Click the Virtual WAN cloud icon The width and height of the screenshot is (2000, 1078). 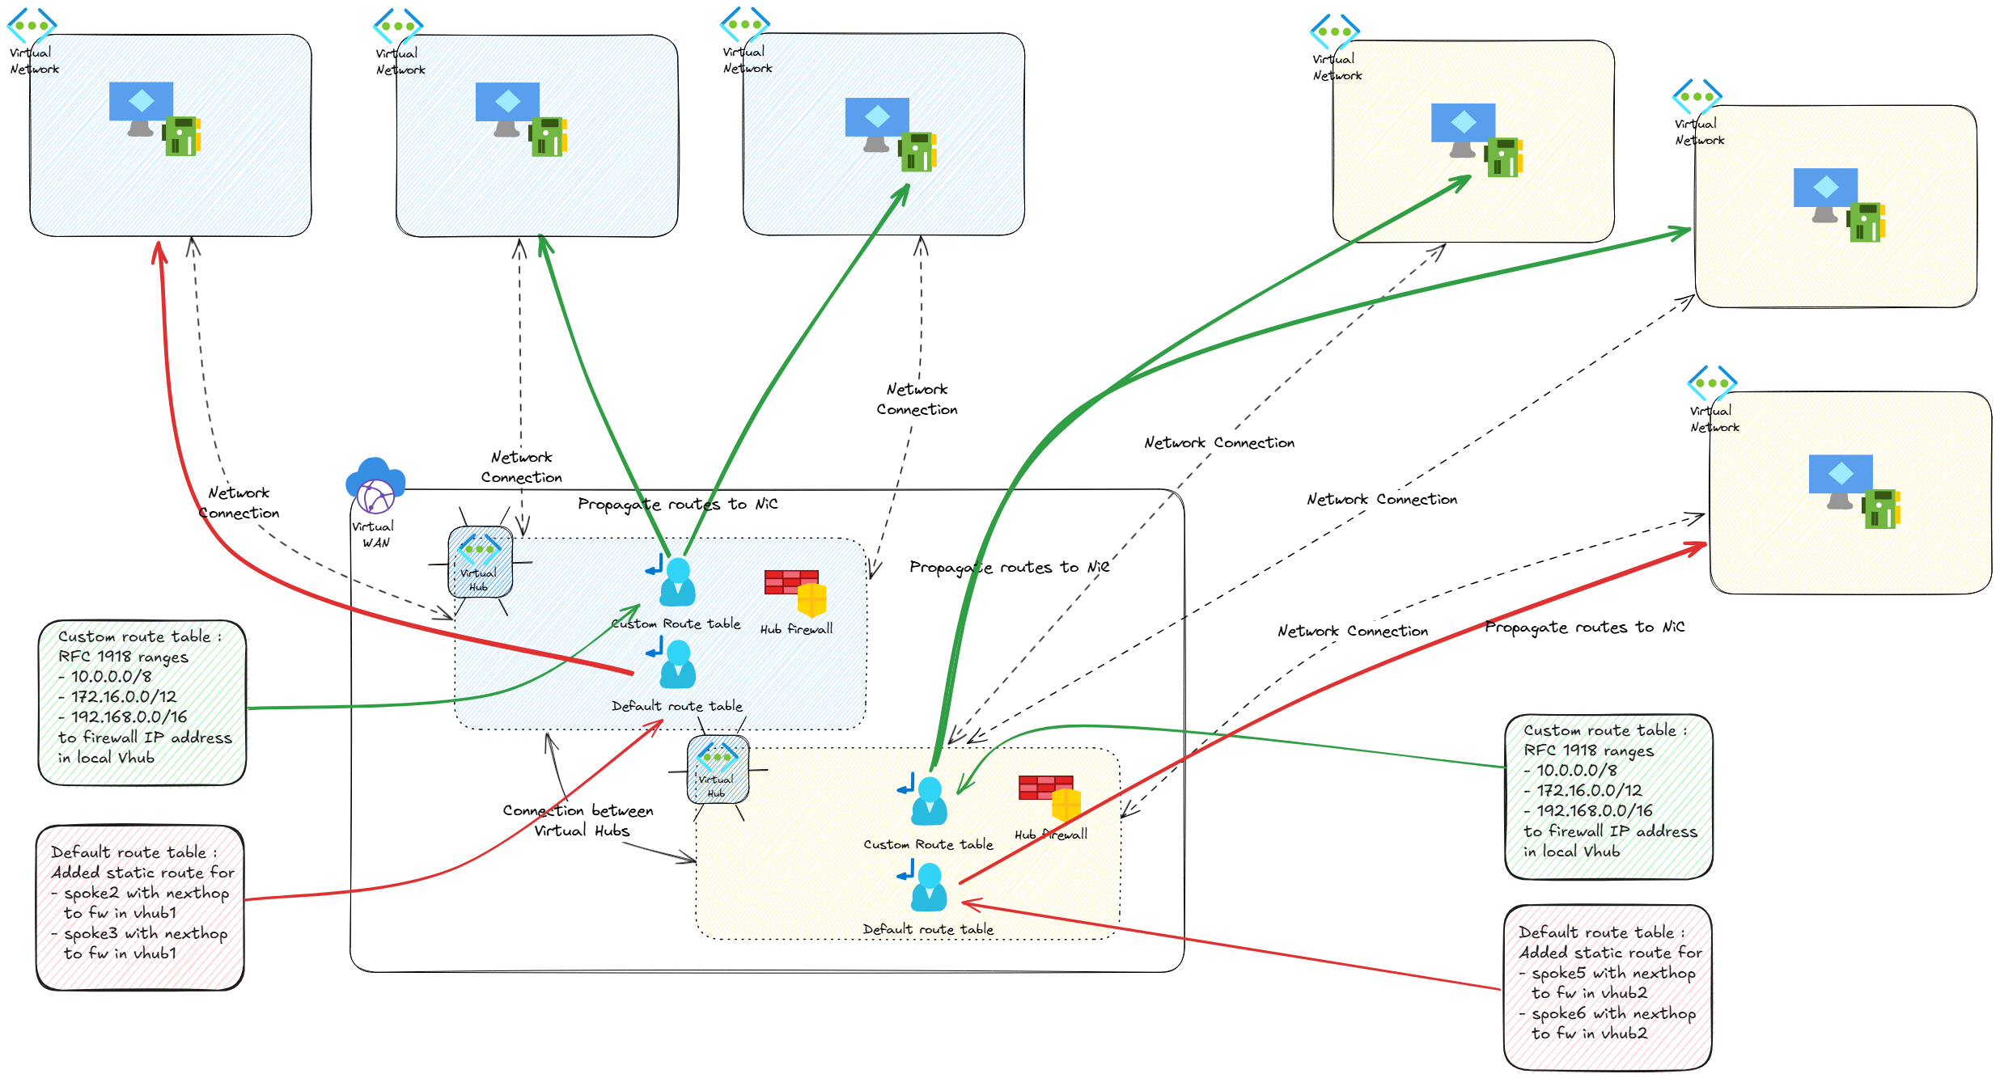[375, 486]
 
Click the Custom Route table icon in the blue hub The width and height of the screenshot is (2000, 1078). [676, 581]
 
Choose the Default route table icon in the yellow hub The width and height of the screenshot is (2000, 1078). [928, 886]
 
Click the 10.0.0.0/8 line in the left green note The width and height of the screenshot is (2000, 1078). [111, 677]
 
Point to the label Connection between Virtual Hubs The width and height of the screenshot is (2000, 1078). [578, 820]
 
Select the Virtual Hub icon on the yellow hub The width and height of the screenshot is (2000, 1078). [718, 769]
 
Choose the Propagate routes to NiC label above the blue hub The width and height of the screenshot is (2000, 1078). [677, 505]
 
